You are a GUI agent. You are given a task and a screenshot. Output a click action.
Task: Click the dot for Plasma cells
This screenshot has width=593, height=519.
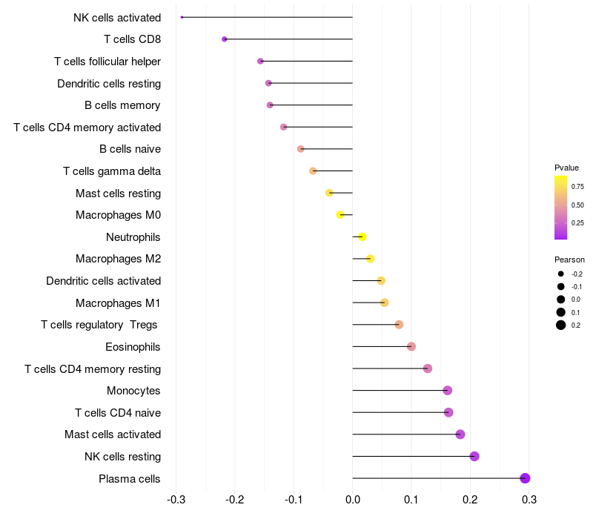[525, 478]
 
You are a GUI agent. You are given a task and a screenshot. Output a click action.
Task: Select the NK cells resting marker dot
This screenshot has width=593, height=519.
[474, 456]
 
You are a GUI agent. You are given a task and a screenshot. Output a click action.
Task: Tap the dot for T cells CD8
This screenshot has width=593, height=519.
[225, 39]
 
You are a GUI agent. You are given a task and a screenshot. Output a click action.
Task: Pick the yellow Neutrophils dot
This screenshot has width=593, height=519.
[362, 237]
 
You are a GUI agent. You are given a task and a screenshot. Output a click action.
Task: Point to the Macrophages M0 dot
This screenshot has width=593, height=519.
[340, 215]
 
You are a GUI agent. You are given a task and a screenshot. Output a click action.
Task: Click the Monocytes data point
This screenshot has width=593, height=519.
[447, 391]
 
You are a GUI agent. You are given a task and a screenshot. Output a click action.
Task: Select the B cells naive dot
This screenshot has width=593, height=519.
[300, 149]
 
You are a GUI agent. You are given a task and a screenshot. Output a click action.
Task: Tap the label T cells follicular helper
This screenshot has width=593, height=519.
[107, 61]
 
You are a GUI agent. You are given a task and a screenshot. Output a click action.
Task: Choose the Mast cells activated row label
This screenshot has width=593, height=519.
[113, 434]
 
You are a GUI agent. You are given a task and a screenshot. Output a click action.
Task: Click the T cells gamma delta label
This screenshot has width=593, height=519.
[112, 171]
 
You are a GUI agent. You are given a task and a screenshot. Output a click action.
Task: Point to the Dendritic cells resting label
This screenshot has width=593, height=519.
[109, 83]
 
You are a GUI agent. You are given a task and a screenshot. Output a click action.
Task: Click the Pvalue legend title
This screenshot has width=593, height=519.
[566, 168]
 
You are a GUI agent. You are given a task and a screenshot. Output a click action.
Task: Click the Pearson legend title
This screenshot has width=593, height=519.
[569, 259]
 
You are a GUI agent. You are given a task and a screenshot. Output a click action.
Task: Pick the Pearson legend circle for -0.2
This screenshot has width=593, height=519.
[561, 274]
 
